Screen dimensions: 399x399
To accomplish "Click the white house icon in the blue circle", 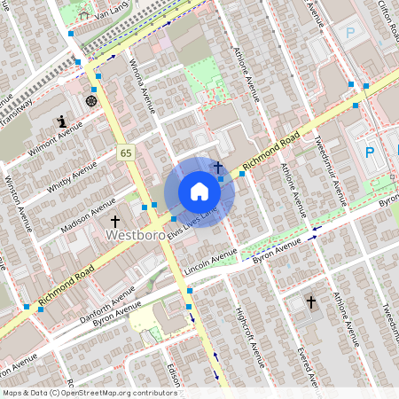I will pyautogui.click(x=199, y=192).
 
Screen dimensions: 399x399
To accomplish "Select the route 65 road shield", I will pyautogui.click(x=127, y=153).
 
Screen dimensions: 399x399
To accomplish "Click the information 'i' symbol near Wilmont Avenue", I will pyautogui.click(x=61, y=121).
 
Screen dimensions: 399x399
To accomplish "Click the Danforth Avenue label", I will pyautogui.click(x=106, y=297).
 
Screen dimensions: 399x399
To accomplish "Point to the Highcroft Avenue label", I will pyautogui.click(x=251, y=338).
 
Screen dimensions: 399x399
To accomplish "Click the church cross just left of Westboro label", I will pyautogui.click(x=114, y=219).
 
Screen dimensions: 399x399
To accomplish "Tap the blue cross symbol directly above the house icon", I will pyautogui.click(x=217, y=166).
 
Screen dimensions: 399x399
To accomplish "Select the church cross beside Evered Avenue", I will pyautogui.click(x=311, y=302).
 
